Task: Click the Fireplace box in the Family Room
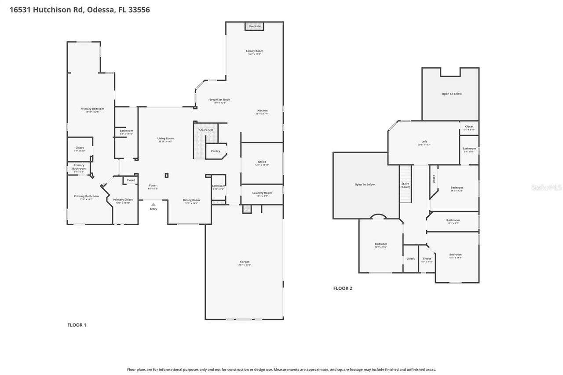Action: [x=254, y=26]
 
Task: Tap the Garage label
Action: [x=245, y=262]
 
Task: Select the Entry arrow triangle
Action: [x=153, y=204]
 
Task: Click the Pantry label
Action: [x=215, y=151]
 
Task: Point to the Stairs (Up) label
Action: [x=206, y=130]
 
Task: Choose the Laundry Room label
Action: [x=262, y=193]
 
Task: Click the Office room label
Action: [x=262, y=162]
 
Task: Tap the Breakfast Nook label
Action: [x=219, y=100]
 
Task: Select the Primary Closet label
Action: [x=123, y=200]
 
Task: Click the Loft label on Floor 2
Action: [x=424, y=142]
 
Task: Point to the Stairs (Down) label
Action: [x=405, y=185]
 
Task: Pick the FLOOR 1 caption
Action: [x=77, y=325]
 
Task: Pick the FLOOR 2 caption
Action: [x=343, y=288]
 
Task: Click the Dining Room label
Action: [x=191, y=200]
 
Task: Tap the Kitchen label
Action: [x=262, y=111]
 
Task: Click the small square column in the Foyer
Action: [x=166, y=175]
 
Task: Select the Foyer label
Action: [x=153, y=186]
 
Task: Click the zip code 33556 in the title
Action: [x=139, y=10]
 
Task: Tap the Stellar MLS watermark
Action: [x=546, y=187]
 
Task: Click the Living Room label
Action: [x=165, y=138]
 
